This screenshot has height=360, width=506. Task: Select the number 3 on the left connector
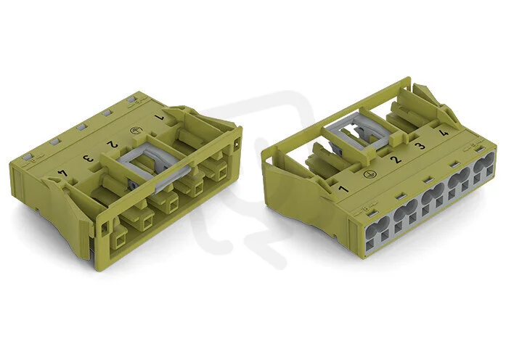tap(88, 158)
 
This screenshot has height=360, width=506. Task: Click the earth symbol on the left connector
tap(134, 131)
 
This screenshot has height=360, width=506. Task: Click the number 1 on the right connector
tap(343, 189)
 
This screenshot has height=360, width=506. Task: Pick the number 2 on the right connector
tap(396, 159)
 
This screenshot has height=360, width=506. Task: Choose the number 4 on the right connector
tap(444, 132)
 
